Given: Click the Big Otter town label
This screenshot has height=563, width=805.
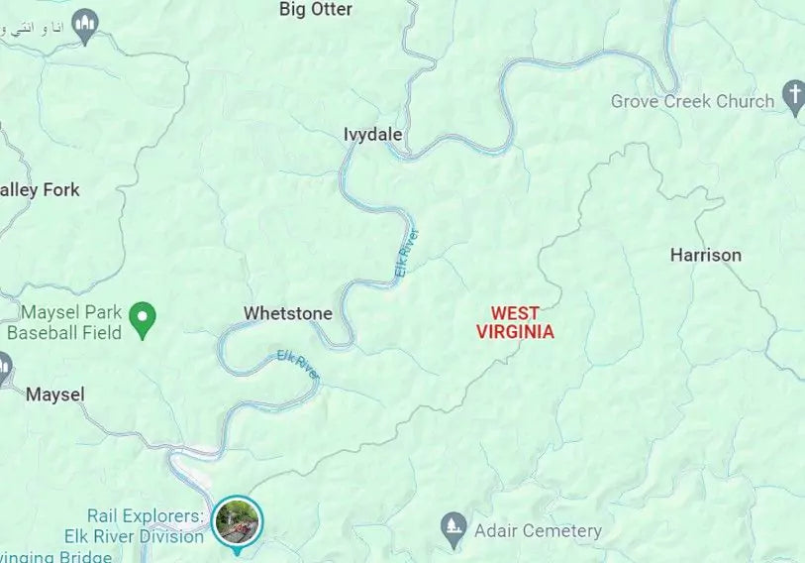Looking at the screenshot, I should click(315, 10).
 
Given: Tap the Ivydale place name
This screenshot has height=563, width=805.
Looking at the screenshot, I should click(372, 135).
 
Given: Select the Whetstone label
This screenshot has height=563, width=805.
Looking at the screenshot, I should click(288, 313).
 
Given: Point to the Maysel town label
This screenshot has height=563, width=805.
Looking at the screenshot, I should click(54, 394).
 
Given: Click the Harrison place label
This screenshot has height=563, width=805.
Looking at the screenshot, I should click(705, 255).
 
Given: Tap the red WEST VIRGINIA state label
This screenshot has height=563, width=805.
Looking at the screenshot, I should click(515, 323).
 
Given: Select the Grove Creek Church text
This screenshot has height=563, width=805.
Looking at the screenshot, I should click(692, 101).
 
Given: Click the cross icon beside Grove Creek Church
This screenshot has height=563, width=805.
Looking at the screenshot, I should click(793, 97).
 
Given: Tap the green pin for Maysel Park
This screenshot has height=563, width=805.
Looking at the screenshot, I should click(144, 319).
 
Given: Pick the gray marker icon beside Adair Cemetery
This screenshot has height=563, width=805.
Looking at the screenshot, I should click(453, 526).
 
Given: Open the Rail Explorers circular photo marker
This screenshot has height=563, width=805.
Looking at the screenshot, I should click(238, 520).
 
